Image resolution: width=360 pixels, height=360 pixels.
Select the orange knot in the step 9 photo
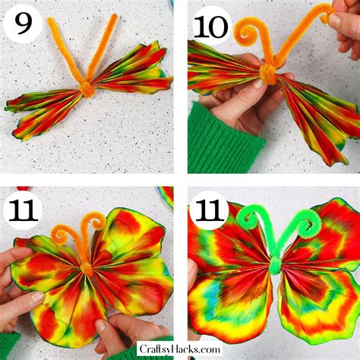(x=87, y=88)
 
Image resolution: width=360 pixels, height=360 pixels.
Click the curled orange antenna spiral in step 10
(x=247, y=31)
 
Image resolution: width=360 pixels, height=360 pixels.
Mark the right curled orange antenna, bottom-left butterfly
(x=95, y=224)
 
